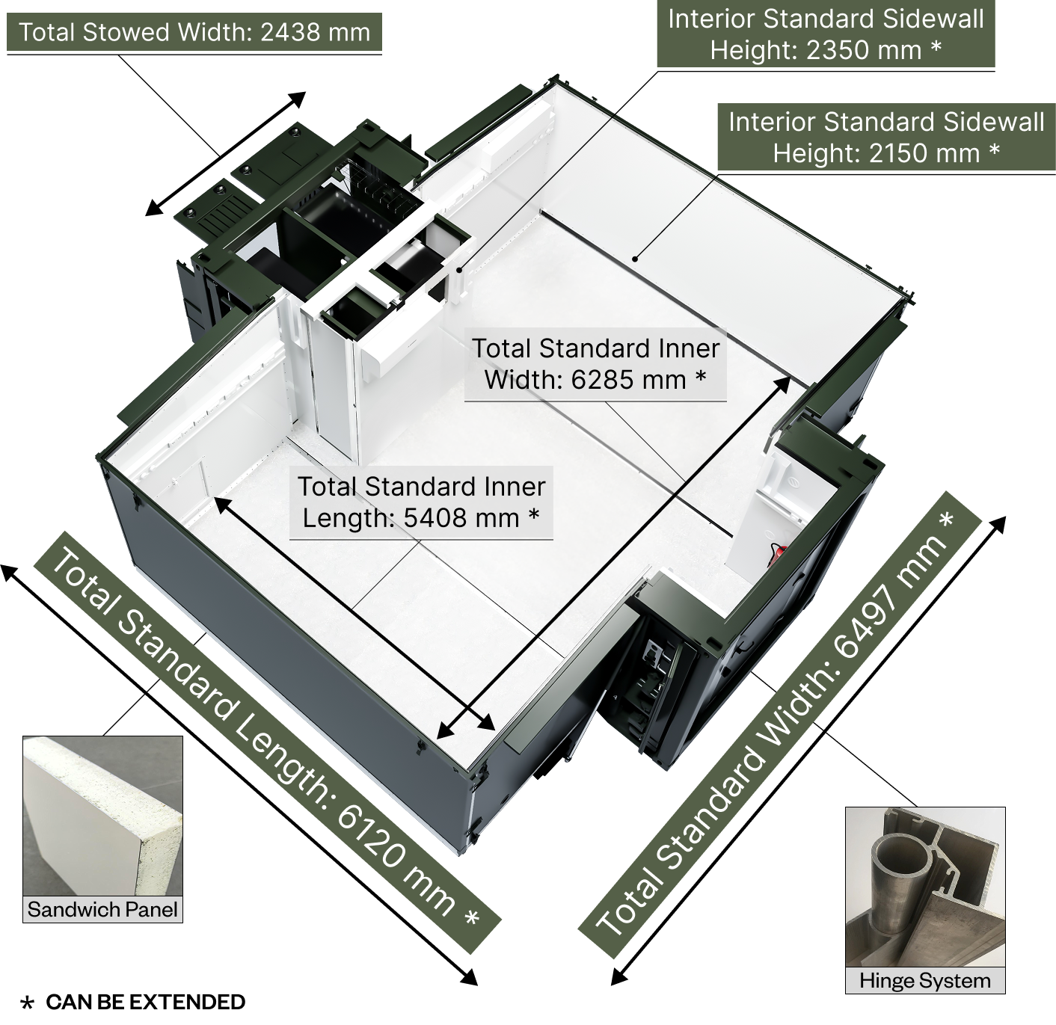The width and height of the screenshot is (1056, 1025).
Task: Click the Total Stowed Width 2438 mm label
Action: click(x=194, y=32)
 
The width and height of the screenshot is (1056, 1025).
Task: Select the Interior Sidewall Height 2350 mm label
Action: click(x=826, y=34)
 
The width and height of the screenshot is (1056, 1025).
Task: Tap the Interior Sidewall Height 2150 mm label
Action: click(x=887, y=138)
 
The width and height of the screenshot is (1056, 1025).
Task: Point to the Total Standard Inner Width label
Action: click(x=595, y=363)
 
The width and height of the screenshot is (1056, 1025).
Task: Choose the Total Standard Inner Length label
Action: click(x=421, y=502)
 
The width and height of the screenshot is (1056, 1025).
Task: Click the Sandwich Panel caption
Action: click(x=102, y=909)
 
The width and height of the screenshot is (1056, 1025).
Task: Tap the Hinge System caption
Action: click(x=925, y=980)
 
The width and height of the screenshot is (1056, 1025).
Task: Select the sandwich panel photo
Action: click(x=102, y=816)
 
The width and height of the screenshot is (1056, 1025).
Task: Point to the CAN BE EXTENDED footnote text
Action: click(x=145, y=1003)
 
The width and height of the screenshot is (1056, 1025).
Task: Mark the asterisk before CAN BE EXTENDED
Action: click(x=27, y=1003)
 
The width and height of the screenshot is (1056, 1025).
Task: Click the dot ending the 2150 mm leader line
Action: click(x=635, y=258)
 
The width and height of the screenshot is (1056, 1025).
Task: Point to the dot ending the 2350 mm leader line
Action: click(x=459, y=269)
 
